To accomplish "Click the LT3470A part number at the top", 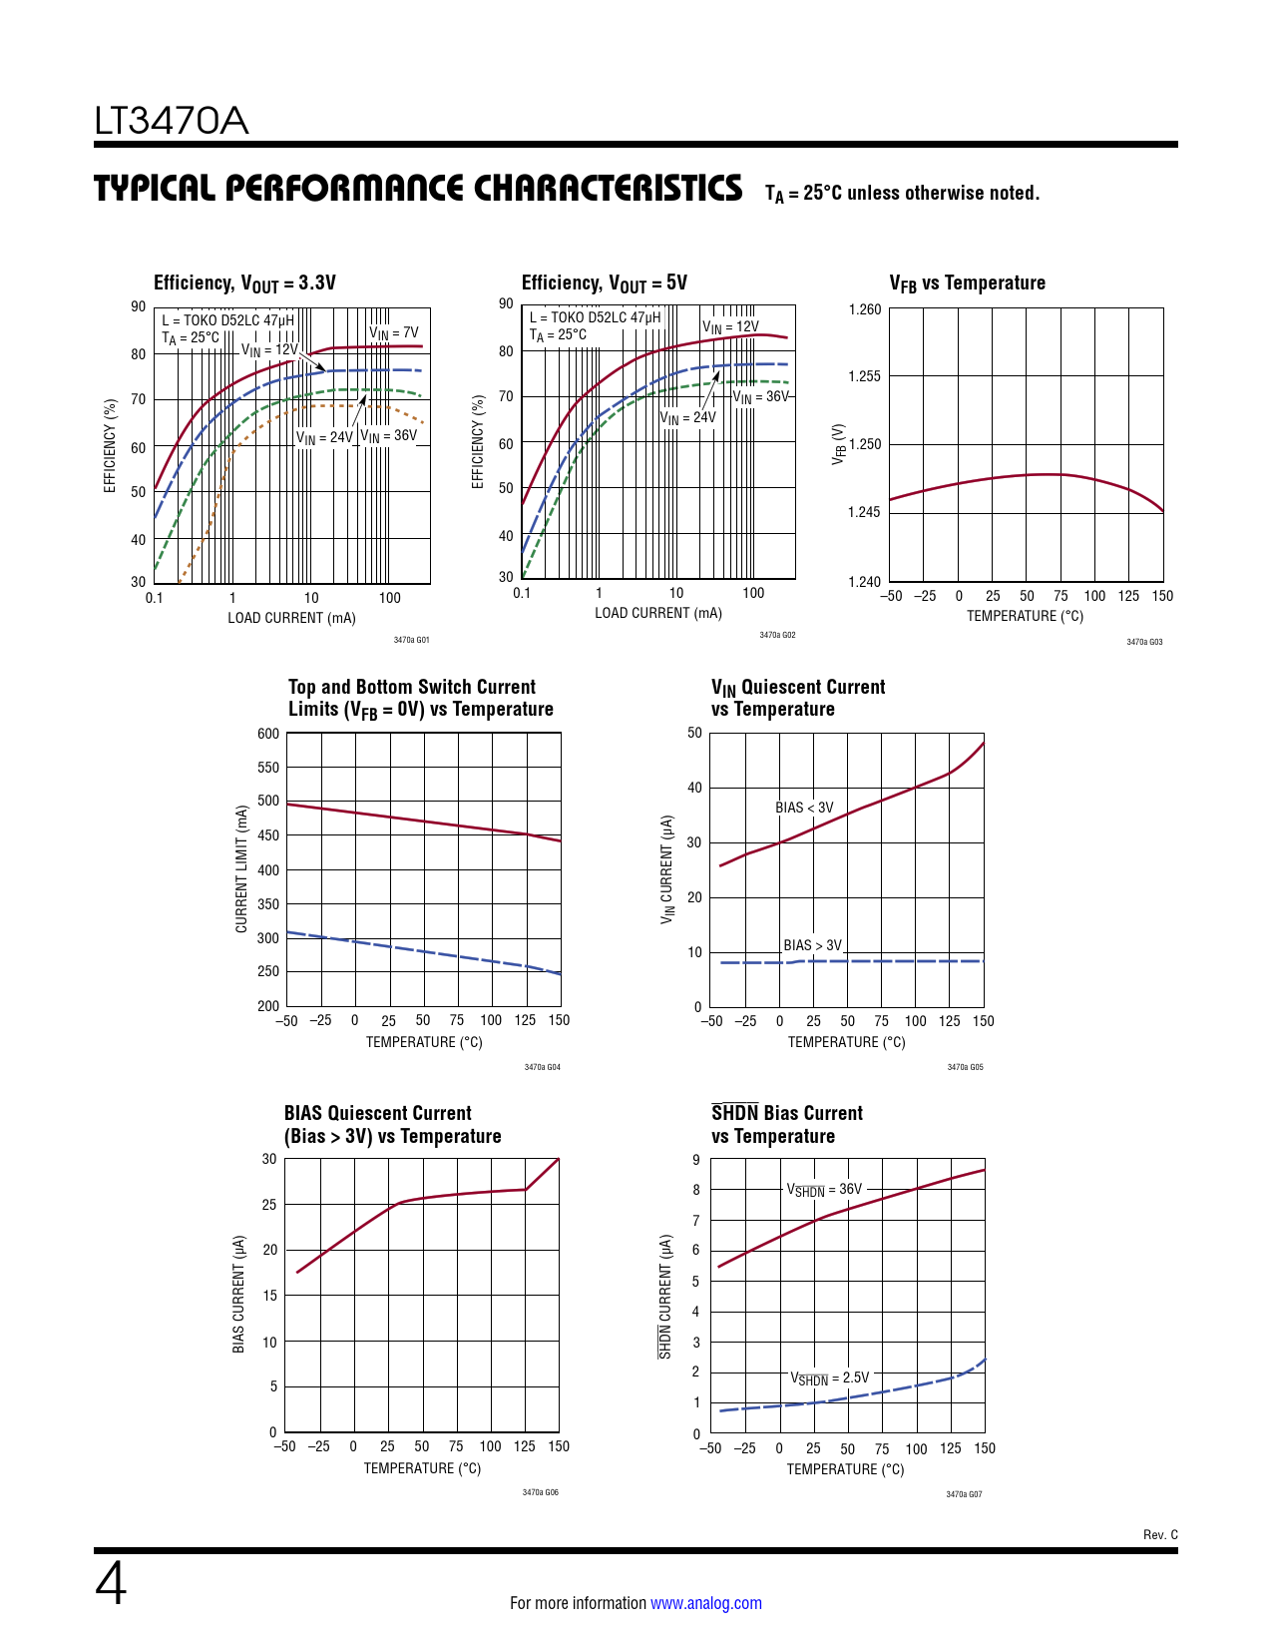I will coord(171,122).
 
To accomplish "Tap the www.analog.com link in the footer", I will coord(705,1603).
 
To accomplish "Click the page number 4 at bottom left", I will coord(111,1584).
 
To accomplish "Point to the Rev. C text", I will coord(1160,1534).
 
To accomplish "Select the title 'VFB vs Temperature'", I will coord(967,283).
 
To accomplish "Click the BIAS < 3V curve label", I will coord(804,808).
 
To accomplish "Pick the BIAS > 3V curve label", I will coord(812,945).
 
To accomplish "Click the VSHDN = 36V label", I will coord(824,1190).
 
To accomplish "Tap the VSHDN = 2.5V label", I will coord(829,1378).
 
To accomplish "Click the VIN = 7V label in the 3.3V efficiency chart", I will coord(394,333).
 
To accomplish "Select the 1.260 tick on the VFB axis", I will coord(865,309).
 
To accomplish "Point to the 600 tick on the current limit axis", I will coord(268,734).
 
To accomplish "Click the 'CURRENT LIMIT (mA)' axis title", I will coord(241,869).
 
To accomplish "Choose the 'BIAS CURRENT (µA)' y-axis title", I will coord(239,1295).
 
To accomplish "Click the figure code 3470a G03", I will coord(1144,642).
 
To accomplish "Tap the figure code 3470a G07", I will coord(964,1494).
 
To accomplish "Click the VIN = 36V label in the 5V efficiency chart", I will coord(761,397).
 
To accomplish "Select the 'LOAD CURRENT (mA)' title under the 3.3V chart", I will coord(291,618).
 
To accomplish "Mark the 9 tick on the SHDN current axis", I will coord(695,1160).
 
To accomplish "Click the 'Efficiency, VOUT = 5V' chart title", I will coord(604,283).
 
